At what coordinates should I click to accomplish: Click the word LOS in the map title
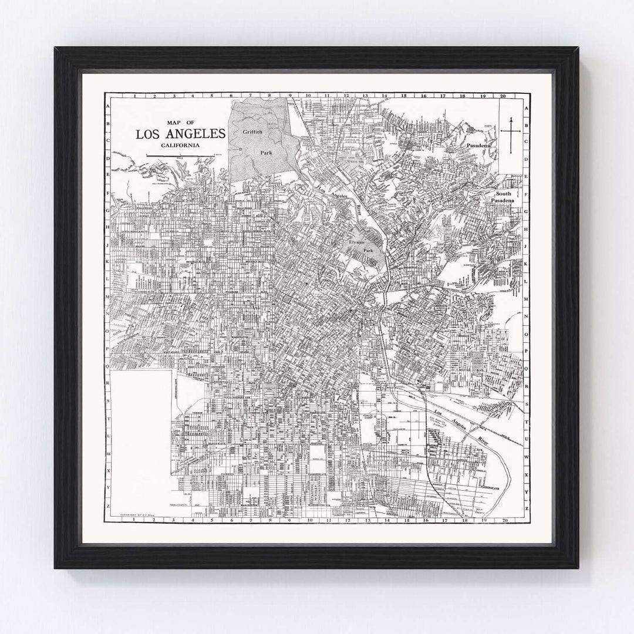pos(150,134)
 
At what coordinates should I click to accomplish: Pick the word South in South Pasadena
pos(504,194)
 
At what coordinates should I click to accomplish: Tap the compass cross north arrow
pos(511,134)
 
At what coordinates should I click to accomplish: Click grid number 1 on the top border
pos(135,95)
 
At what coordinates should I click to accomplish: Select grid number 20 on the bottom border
pos(504,519)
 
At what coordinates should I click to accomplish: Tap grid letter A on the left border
pos(108,106)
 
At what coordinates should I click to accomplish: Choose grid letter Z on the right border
pos(527,507)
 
